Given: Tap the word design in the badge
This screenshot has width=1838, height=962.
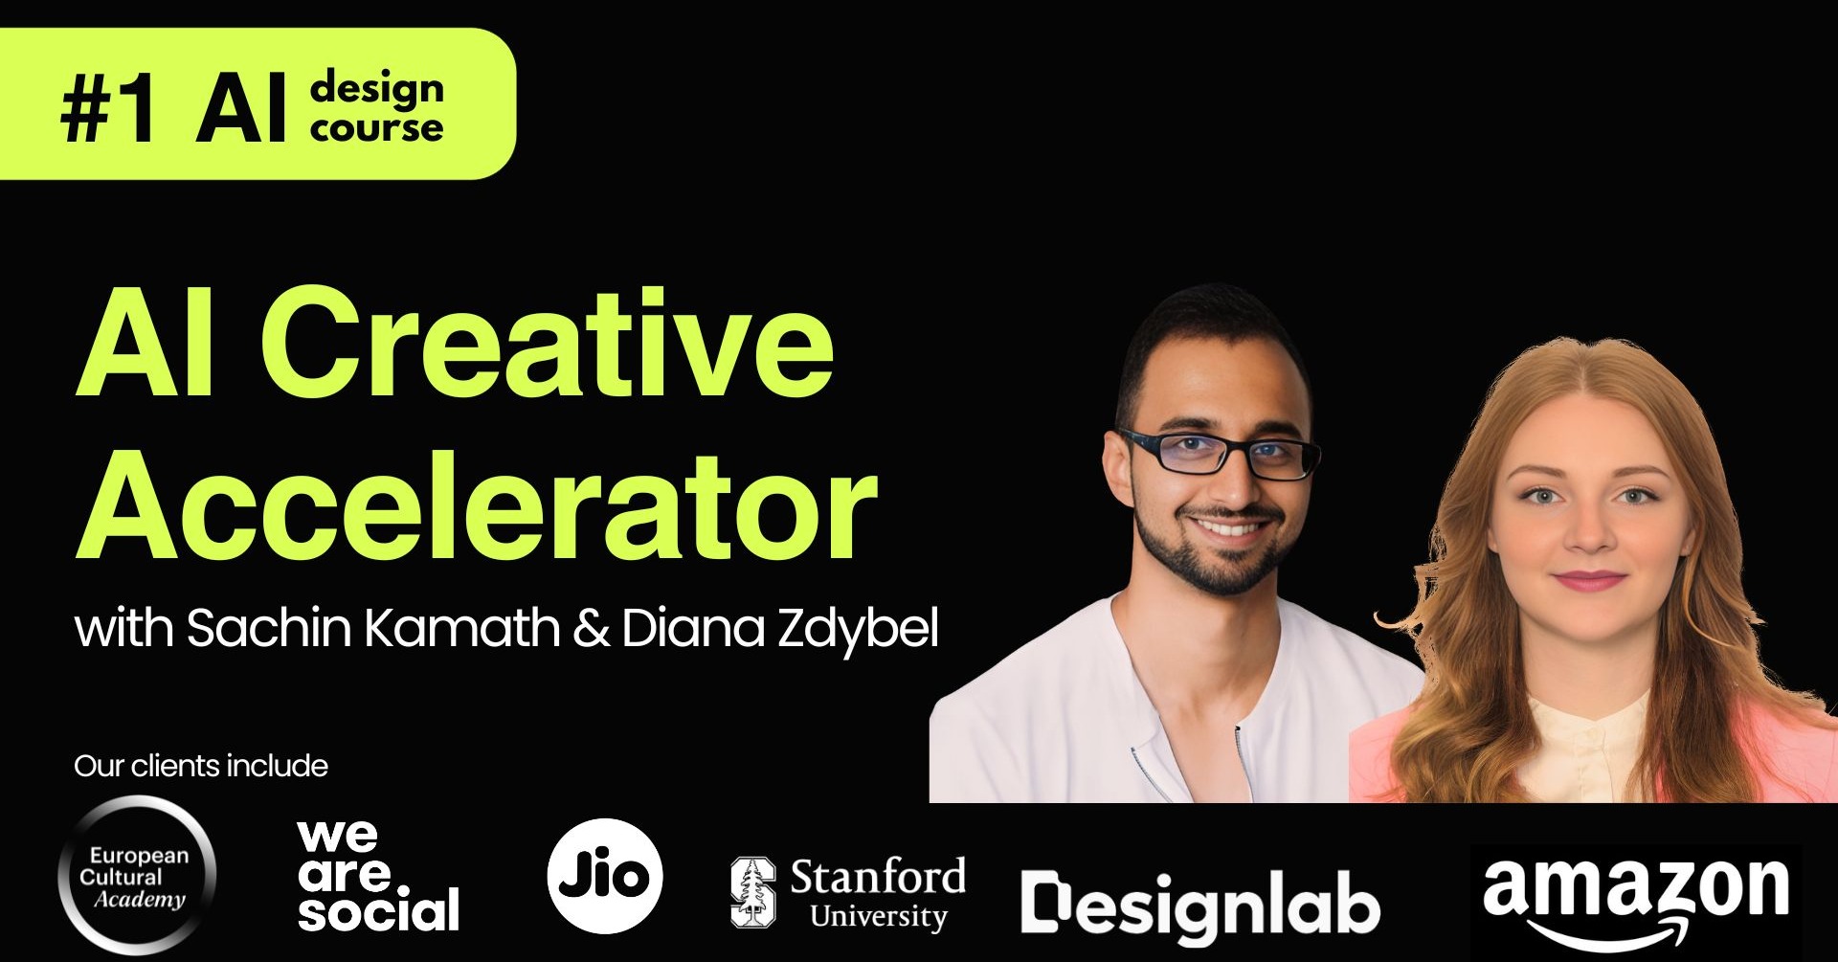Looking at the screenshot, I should (376, 89).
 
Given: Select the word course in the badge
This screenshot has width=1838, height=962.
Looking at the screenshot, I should (376, 128).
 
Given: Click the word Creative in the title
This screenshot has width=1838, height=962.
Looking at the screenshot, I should (548, 345).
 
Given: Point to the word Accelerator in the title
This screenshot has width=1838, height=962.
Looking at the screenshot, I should (476, 507).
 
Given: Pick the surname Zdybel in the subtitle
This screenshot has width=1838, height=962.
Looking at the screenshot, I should (858, 630).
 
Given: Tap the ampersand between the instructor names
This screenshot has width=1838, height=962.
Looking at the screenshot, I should (591, 629).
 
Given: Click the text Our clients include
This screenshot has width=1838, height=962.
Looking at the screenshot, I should (200, 766).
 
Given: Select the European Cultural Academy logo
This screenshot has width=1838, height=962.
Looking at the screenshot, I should (136, 876).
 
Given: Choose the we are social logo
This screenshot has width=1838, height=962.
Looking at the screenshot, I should (377, 876).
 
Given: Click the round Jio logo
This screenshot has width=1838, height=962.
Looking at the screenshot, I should (605, 876).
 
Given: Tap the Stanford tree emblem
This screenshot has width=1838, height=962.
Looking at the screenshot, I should (752, 892).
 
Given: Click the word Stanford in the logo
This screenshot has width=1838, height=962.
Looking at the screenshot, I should (878, 876).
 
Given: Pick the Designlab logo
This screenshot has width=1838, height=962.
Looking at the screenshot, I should (1199, 904).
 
